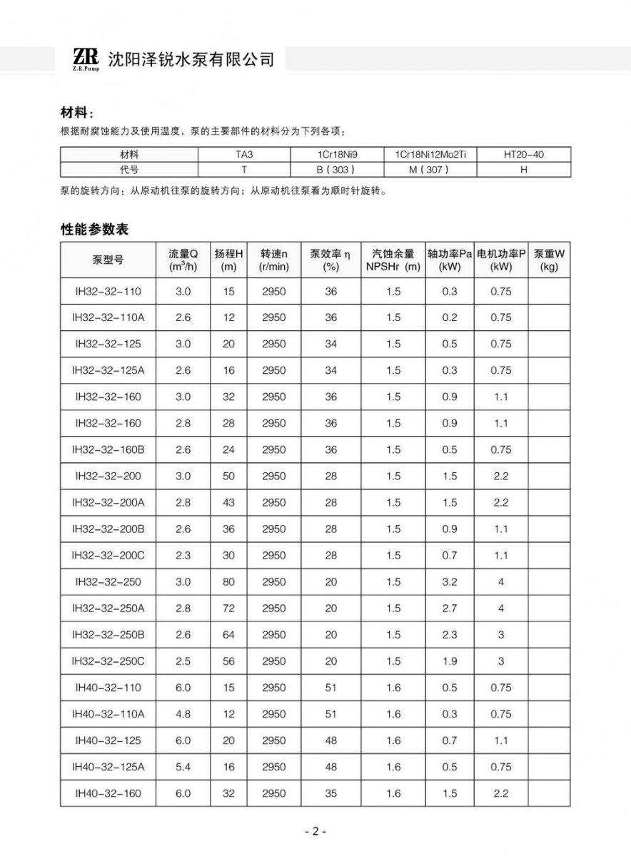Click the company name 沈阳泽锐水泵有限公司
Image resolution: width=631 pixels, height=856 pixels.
191,60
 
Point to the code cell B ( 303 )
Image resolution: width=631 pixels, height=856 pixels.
335,170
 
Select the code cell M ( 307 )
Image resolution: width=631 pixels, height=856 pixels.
430,170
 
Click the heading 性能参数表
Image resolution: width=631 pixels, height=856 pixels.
94,230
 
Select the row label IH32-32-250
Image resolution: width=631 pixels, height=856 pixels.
108,582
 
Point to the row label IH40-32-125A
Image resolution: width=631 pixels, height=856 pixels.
108,767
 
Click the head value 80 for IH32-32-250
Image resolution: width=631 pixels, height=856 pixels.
228,582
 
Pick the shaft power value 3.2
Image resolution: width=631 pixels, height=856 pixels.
449,582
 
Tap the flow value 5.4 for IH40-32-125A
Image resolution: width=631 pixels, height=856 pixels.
183,767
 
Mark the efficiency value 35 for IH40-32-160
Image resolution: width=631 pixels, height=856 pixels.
330,793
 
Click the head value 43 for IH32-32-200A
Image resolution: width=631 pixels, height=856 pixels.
228,503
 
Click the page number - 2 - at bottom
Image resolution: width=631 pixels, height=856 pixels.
315,832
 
